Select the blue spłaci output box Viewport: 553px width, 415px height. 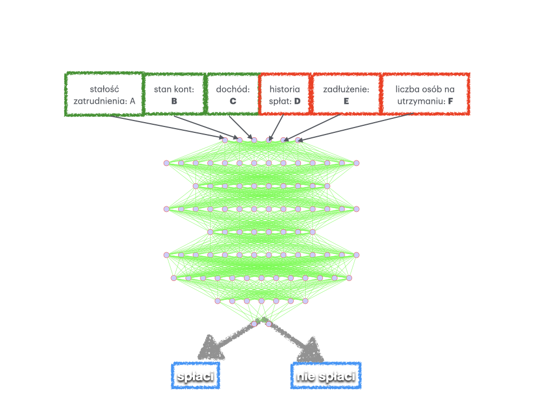[x=195, y=376]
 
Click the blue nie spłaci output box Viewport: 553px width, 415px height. [x=326, y=376]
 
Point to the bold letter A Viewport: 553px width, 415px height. [x=132, y=101]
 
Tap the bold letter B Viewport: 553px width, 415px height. [x=174, y=101]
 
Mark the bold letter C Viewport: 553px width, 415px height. [x=233, y=101]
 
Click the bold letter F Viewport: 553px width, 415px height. [x=450, y=101]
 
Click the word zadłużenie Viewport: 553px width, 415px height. [x=346, y=89]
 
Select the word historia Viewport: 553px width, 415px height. [x=285, y=89]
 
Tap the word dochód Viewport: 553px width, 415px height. [x=232, y=89]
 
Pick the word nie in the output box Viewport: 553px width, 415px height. [x=306, y=376]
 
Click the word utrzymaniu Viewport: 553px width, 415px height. [x=419, y=101]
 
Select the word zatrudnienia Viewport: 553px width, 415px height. [x=100, y=101]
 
